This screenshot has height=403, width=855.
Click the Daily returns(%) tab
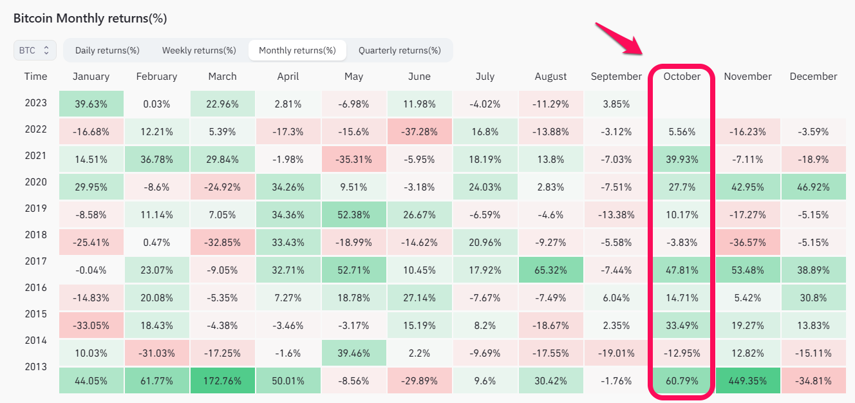click(107, 50)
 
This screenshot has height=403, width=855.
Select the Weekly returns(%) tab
click(199, 50)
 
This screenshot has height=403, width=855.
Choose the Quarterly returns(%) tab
click(399, 50)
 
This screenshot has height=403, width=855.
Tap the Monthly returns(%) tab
click(297, 50)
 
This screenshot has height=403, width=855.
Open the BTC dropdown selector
click(35, 50)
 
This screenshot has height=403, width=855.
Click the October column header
click(682, 77)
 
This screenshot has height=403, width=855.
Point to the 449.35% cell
click(747, 380)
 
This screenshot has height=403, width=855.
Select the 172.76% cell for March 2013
click(222, 380)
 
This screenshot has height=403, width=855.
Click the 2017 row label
click(36, 261)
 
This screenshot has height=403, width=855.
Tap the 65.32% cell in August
click(550, 270)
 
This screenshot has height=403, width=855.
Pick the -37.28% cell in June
click(419, 131)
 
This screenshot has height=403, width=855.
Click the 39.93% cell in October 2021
click(682, 159)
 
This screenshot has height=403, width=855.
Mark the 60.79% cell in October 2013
click(682, 380)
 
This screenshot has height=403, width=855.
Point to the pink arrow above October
click(617, 39)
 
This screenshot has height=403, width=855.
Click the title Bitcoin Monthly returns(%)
click(90, 18)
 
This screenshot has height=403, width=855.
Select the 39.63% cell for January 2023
click(91, 104)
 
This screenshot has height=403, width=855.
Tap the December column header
click(813, 77)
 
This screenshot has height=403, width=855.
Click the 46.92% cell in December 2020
click(813, 187)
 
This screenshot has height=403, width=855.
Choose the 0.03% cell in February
click(156, 104)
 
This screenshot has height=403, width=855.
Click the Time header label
click(36, 77)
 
